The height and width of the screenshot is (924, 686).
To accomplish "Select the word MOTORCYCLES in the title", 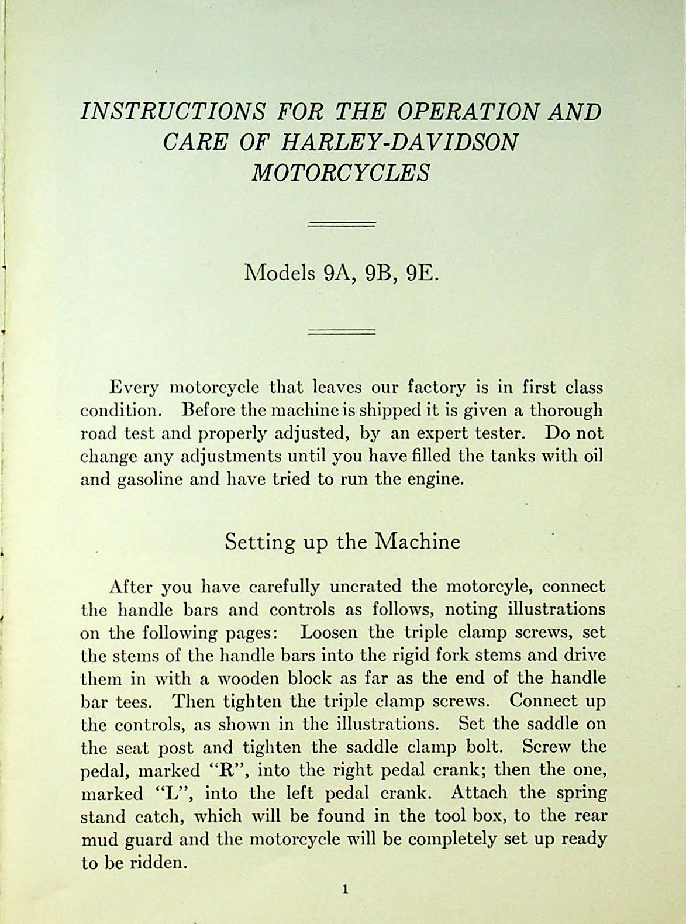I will (340, 173).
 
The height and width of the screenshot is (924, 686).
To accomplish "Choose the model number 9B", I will (378, 273).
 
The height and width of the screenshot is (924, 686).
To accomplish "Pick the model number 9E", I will (422, 273).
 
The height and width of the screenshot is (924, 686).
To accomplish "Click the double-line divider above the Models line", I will (341, 223).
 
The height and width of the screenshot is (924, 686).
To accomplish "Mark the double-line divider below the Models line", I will (341, 332).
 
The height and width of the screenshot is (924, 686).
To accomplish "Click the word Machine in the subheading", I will (418, 542).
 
